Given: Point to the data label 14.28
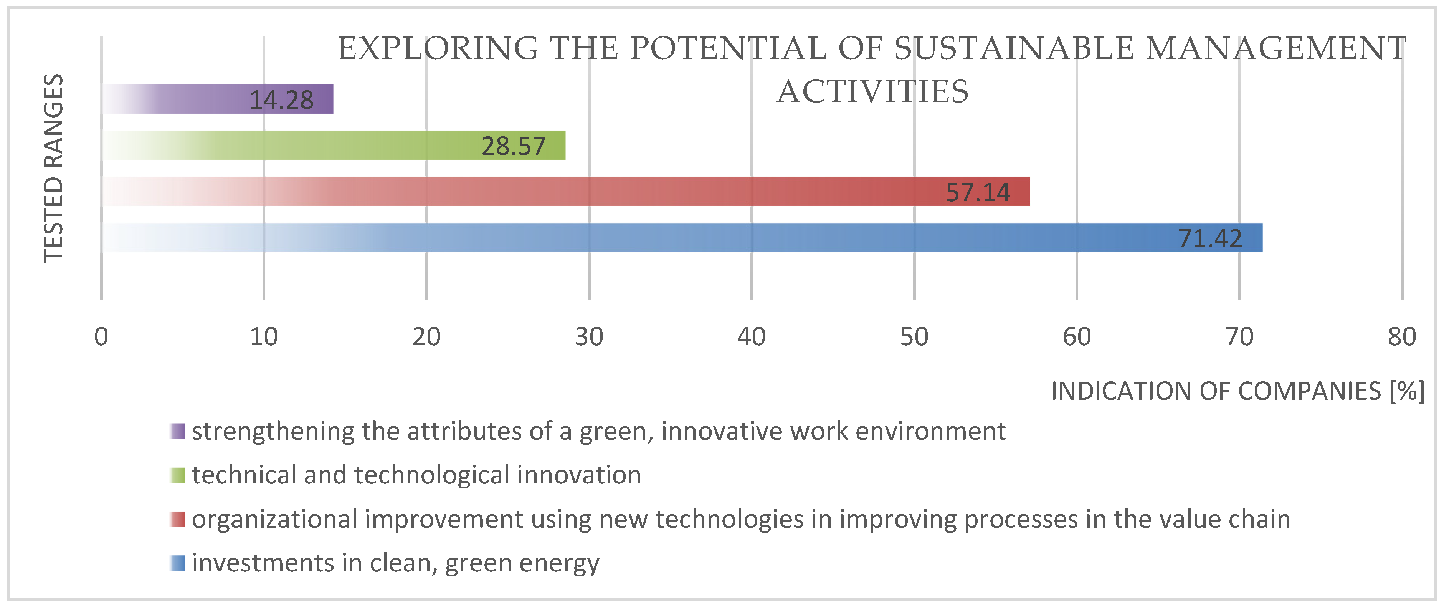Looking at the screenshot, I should (x=281, y=100).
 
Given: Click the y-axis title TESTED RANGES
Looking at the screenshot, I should (x=54, y=168).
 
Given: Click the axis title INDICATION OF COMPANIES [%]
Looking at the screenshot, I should (x=1237, y=391).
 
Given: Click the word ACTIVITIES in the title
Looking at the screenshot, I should (x=872, y=92).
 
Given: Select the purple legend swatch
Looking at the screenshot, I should (x=178, y=432).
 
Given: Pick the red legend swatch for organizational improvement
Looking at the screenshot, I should (x=178, y=519).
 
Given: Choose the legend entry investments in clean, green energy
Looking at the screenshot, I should (x=395, y=563).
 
